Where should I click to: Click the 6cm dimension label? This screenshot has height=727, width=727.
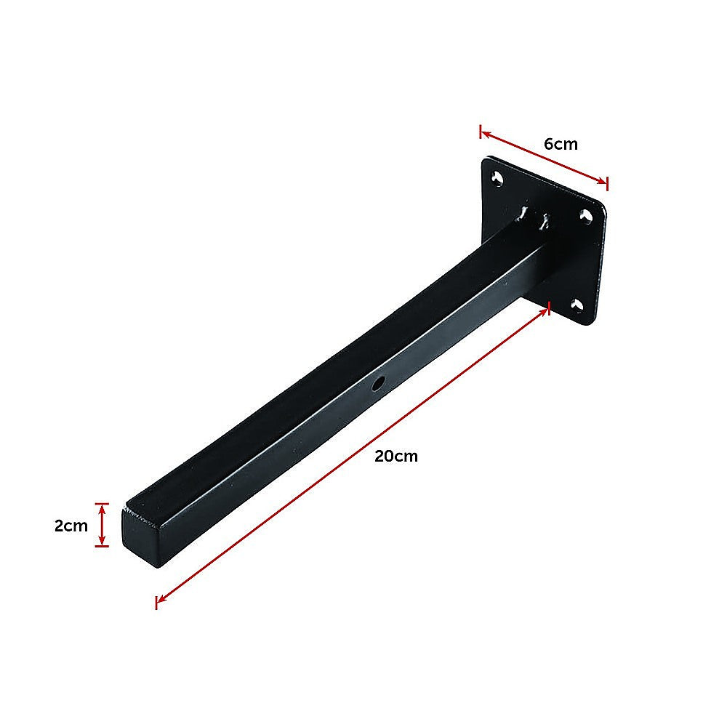coord(561,144)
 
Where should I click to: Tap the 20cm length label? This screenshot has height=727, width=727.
coord(396,457)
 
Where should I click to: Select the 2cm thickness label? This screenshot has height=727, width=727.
coord(71,526)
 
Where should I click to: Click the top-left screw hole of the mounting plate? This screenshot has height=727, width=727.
coord(498,178)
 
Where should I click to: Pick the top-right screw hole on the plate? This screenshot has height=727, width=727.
coord(586,216)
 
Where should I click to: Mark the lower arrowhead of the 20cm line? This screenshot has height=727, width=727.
coord(158,600)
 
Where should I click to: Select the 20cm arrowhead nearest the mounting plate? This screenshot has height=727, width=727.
coord(547,310)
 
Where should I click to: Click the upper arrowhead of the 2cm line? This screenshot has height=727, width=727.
coord(103,507)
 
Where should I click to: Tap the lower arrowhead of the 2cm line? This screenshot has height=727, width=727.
coord(103,542)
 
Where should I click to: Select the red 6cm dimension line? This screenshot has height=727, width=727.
coord(544,158)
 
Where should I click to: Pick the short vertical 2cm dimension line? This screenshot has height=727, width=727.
coord(103,524)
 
